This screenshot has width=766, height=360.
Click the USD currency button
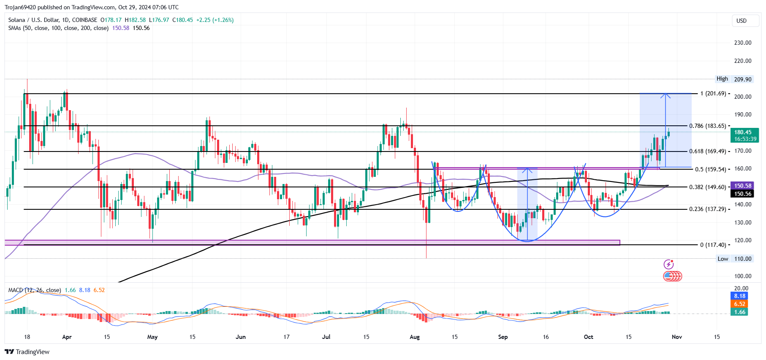click(x=741, y=21)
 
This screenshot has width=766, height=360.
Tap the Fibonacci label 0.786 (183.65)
click(x=707, y=126)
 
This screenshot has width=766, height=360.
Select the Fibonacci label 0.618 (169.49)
click(x=707, y=151)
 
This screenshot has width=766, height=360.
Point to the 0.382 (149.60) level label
click(x=707, y=187)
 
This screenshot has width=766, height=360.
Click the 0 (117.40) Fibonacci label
click(x=713, y=245)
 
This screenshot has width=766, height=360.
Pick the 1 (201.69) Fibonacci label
click(x=713, y=93)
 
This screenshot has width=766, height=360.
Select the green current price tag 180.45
click(x=745, y=135)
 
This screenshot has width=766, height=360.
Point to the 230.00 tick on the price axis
click(x=742, y=43)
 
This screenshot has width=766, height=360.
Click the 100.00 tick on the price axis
click(x=742, y=276)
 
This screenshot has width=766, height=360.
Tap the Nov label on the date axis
click(x=676, y=337)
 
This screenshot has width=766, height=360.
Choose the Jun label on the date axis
click(x=240, y=337)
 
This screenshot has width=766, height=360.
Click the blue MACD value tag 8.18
click(x=739, y=296)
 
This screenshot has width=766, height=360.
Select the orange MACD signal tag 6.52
click(x=739, y=304)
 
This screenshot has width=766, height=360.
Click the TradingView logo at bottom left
click(x=27, y=352)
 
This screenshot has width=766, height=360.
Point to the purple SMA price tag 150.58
click(x=742, y=186)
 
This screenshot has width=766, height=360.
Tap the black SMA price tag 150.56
click(x=742, y=194)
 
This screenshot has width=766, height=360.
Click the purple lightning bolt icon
click(x=668, y=265)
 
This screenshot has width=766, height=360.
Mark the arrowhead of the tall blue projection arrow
click(x=665, y=95)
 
